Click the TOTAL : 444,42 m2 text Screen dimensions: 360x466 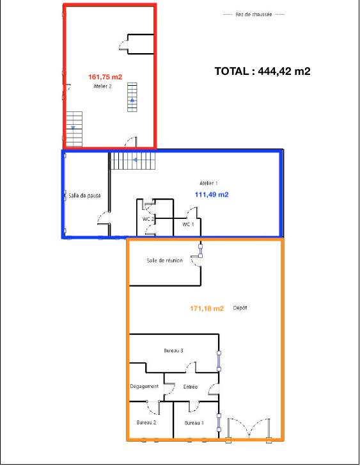[262, 71]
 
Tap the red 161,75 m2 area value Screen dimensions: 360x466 [105, 77]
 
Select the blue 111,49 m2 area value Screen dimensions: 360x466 [212, 195]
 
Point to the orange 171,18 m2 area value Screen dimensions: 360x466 [207, 309]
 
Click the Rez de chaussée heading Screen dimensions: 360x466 [254, 14]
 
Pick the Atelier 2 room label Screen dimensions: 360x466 [103, 86]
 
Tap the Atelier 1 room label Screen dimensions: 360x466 [208, 183]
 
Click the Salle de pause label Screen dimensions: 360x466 [84, 196]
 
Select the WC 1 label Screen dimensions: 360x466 [188, 224]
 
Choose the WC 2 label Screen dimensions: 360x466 [148, 219]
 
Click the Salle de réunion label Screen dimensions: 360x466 [165, 261]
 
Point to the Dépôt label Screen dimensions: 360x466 [240, 308]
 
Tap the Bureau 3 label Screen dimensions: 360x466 [174, 351]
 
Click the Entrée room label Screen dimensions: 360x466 [191, 387]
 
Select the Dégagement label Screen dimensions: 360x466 [145, 387]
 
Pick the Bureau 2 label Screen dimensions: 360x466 [146, 422]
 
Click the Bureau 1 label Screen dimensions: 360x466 [194, 423]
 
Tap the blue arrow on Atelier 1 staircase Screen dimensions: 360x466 [134, 160]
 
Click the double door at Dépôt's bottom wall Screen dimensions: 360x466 [249, 430]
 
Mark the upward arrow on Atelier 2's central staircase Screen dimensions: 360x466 [132, 100]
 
